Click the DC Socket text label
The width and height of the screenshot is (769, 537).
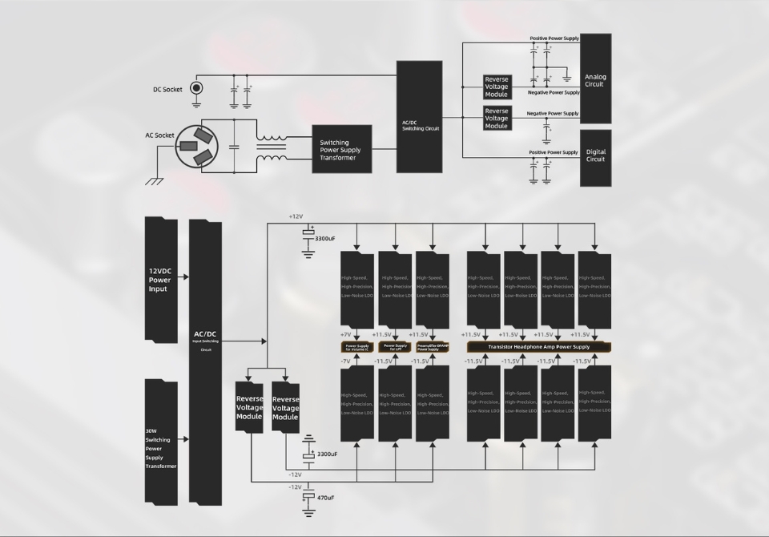(x=167, y=89)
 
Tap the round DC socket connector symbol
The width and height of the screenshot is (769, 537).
(x=196, y=88)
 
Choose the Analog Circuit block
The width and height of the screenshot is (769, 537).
(x=595, y=79)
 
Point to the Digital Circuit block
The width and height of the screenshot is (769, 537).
(x=595, y=157)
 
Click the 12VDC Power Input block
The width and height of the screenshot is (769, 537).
(x=160, y=279)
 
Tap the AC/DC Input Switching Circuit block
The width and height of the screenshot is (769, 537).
(x=205, y=361)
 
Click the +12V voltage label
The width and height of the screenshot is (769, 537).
(x=296, y=217)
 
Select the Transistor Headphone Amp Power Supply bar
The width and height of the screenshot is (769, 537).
(x=538, y=347)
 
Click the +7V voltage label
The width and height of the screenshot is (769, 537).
(x=346, y=334)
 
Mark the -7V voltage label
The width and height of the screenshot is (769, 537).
(x=346, y=361)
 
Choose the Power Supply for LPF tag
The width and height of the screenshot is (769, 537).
(x=395, y=347)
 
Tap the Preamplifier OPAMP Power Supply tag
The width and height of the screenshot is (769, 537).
(x=433, y=347)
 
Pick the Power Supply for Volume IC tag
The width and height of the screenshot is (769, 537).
(x=356, y=347)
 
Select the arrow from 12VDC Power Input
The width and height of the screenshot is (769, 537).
(x=183, y=277)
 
